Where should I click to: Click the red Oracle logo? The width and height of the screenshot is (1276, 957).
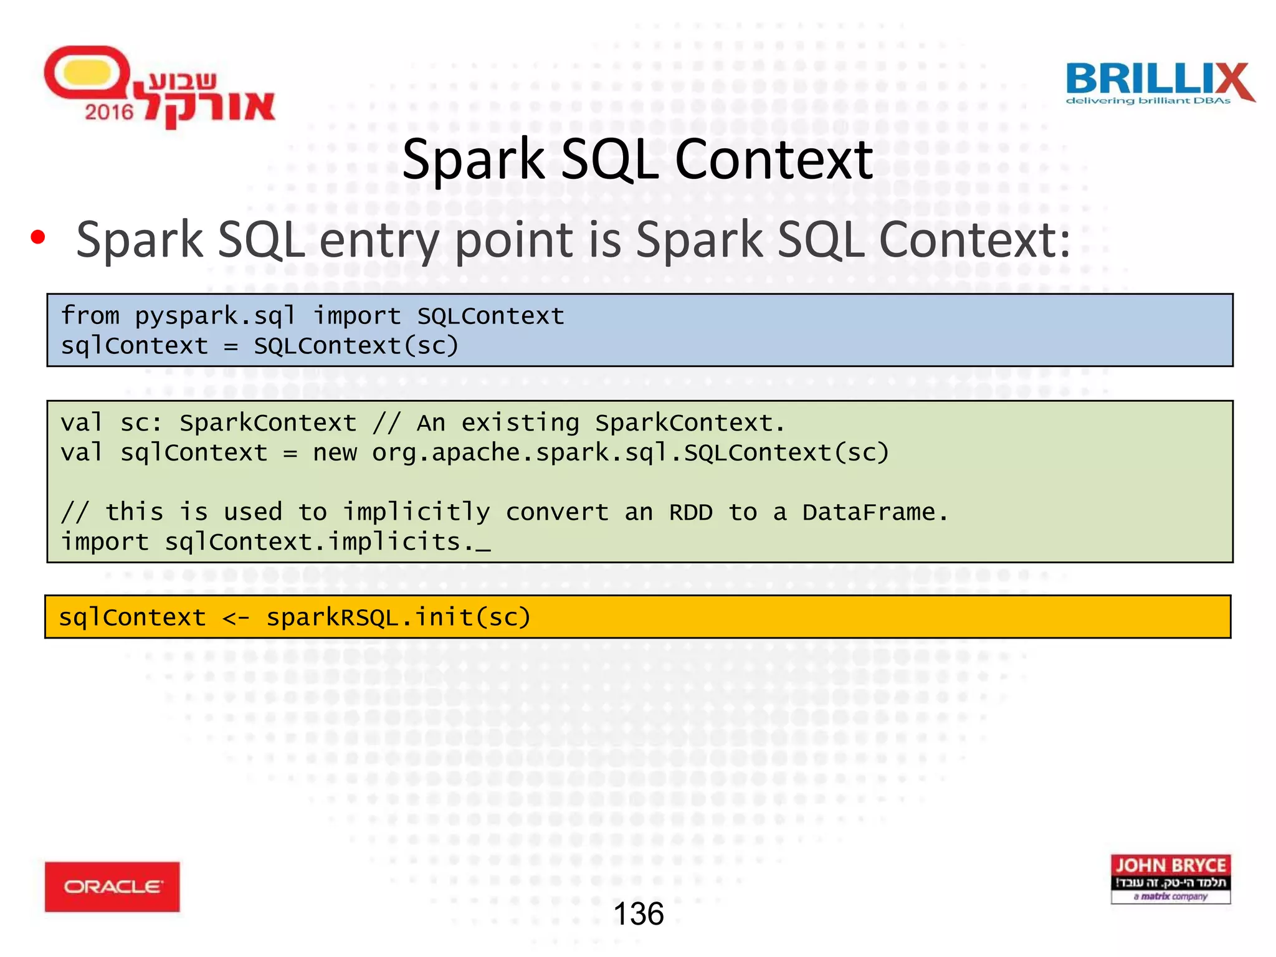(112, 887)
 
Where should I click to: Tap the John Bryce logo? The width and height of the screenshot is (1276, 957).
(1170, 878)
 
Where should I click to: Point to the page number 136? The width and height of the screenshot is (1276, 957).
(638, 914)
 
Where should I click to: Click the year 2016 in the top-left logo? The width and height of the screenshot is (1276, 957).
(109, 112)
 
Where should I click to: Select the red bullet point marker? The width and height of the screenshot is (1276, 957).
(38, 237)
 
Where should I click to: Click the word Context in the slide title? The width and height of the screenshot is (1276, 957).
(774, 159)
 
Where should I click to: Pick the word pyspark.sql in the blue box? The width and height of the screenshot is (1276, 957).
(215, 316)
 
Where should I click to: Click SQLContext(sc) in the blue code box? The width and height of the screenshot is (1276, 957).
(356, 346)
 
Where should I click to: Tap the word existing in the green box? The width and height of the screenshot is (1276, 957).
(520, 423)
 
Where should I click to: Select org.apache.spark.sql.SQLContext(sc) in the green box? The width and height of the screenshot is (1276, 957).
(631, 453)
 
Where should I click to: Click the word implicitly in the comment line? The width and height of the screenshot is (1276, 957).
(416, 512)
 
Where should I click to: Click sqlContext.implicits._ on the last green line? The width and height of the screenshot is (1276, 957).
(327, 542)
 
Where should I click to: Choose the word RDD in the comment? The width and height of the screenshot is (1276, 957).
(690, 512)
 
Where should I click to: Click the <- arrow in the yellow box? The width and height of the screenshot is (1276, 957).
(236, 617)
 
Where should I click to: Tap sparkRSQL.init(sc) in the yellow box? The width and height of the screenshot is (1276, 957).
(399, 617)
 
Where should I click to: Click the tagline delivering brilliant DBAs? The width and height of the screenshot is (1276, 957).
(1148, 101)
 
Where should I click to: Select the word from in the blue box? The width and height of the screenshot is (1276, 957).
(90, 316)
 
